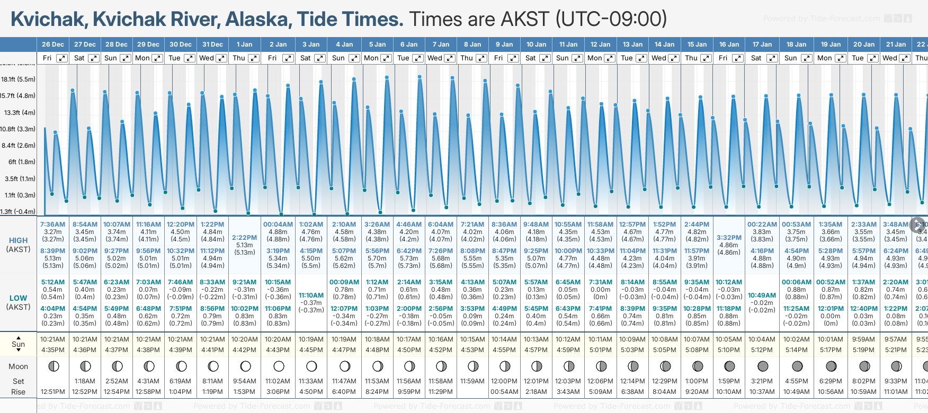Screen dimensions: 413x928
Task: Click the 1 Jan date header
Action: click(x=244, y=44)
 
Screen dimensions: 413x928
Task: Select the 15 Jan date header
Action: click(x=697, y=44)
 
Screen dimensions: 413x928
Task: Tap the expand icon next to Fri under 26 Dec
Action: click(x=62, y=58)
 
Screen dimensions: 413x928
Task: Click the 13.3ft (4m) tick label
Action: click(x=20, y=113)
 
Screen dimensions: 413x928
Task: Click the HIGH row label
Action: click(x=18, y=240)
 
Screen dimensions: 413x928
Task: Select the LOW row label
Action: click(x=18, y=298)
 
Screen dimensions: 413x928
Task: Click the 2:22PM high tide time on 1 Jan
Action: click(x=244, y=238)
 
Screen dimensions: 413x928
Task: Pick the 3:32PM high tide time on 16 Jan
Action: click(x=729, y=238)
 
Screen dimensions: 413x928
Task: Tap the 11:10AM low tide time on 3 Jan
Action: click(x=311, y=295)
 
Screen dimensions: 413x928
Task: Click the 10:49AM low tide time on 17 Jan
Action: click(x=762, y=295)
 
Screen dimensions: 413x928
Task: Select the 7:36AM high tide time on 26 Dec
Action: click(x=52, y=225)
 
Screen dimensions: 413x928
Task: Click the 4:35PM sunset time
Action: click(x=52, y=350)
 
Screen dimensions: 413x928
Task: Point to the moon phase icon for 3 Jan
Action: click(x=311, y=366)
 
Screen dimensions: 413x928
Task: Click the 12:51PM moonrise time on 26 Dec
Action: click(x=52, y=392)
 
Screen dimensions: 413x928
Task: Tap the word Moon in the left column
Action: click(x=18, y=366)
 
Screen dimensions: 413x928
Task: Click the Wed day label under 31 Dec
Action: click(x=207, y=58)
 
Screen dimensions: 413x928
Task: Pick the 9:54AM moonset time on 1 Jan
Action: click(x=244, y=381)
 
